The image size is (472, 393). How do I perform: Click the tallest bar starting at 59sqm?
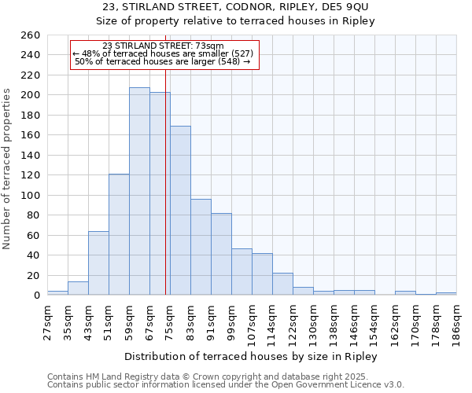139,191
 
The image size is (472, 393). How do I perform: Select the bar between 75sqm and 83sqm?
180,211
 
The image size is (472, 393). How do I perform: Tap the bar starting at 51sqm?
119,234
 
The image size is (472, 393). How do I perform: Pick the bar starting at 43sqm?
98,263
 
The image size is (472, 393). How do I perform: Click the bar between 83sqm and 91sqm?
201,247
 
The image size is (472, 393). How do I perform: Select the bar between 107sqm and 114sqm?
262,274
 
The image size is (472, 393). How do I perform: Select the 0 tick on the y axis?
36,296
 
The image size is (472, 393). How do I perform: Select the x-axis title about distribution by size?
251,356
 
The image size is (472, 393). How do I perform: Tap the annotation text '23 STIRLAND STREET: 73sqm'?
163,46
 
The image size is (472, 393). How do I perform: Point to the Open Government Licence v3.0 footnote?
226,385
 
